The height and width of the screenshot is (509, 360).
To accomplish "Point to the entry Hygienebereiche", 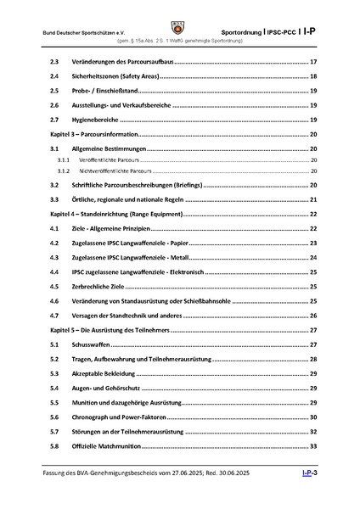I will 101,120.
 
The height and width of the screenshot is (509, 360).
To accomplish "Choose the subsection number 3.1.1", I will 64,159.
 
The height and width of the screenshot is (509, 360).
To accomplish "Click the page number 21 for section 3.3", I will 313,199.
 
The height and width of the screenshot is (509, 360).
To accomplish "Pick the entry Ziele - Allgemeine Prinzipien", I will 119,229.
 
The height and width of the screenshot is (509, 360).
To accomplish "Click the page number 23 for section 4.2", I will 313,243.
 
